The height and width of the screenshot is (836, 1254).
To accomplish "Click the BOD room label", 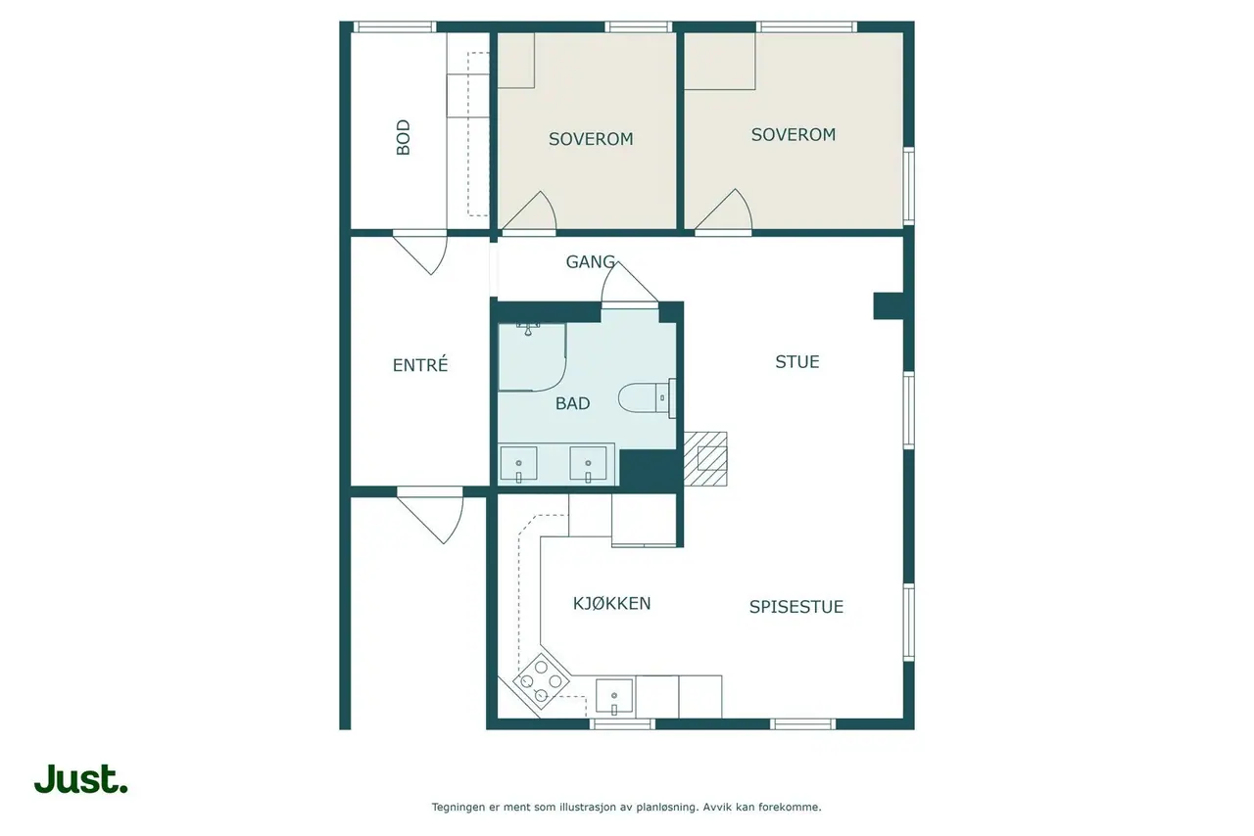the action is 403,137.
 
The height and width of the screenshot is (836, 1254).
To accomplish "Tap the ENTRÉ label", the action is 420,365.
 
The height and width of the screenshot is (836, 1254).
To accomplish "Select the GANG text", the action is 591,262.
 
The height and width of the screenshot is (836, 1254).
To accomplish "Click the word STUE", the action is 797,362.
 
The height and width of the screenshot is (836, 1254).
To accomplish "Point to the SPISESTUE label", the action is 796,607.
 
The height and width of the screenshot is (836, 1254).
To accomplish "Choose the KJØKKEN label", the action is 612,604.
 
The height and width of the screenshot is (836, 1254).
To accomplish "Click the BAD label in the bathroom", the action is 573,403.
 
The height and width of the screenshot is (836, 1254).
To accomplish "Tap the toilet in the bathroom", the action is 647,398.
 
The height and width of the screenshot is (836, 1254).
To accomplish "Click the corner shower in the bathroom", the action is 532,357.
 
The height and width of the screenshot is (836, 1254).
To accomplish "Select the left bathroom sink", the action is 518,464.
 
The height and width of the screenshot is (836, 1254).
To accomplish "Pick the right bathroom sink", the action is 588,464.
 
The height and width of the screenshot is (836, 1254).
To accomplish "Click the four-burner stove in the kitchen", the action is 542,681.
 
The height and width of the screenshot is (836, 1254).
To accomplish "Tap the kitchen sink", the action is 614,697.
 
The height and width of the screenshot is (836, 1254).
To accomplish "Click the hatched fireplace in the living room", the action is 705,459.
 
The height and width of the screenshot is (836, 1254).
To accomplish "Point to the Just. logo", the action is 81,779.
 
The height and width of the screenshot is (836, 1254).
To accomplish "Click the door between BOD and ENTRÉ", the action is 420,253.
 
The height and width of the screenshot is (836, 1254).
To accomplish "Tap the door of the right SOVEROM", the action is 723,209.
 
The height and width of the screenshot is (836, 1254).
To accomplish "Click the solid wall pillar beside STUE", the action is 889,306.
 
